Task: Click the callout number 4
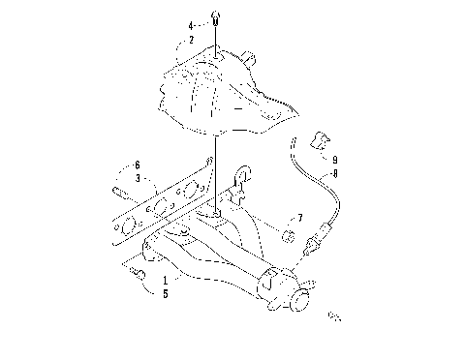[192, 25]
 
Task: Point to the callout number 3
[139, 178]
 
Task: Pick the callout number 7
[300, 218]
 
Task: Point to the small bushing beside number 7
[288, 237]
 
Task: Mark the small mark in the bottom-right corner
[336, 315]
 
